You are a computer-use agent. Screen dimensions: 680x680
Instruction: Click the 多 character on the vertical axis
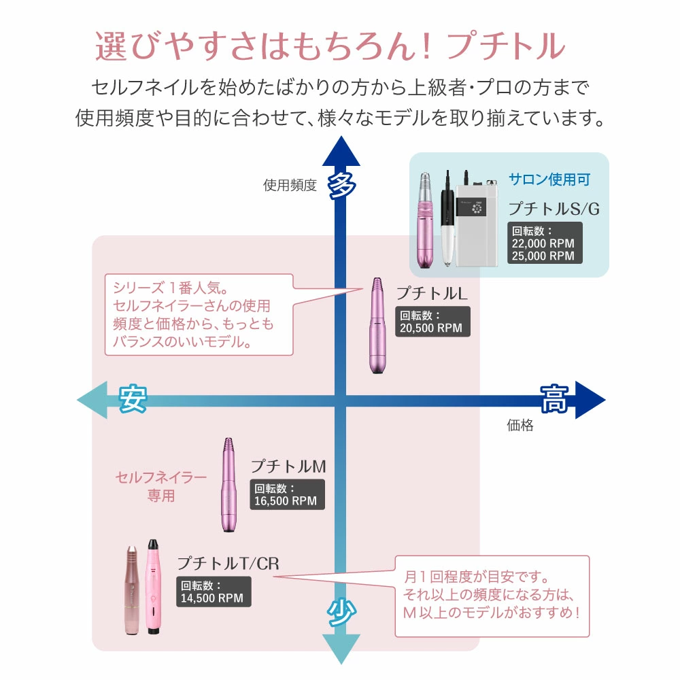click(342, 186)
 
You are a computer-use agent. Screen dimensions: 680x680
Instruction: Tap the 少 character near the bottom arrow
click(341, 612)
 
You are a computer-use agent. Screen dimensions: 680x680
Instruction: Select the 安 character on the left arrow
click(133, 398)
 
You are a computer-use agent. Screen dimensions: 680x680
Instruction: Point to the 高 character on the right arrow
click(554, 398)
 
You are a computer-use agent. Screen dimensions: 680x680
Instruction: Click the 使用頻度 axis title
click(290, 185)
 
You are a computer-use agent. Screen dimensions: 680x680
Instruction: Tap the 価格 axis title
click(520, 425)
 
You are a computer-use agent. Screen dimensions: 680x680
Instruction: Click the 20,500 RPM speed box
click(432, 322)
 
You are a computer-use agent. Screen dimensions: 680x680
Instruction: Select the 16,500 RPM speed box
click(287, 494)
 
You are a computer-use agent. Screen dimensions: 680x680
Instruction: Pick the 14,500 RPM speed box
click(214, 592)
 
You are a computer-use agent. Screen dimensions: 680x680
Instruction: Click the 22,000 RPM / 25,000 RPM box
click(545, 243)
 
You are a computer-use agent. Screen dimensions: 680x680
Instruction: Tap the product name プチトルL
click(432, 294)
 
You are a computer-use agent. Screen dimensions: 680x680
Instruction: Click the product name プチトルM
click(288, 466)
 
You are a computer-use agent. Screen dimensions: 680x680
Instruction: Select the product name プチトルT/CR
click(228, 563)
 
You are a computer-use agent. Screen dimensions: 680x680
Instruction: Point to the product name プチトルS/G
click(554, 209)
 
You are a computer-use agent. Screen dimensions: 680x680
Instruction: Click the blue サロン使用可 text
click(549, 179)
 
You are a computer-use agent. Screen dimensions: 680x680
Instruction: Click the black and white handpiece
click(447, 218)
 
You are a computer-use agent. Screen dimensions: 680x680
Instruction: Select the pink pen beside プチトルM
click(228, 485)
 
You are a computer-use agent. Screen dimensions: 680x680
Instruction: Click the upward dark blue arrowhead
click(341, 151)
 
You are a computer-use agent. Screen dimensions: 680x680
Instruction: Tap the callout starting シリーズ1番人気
click(199, 315)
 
